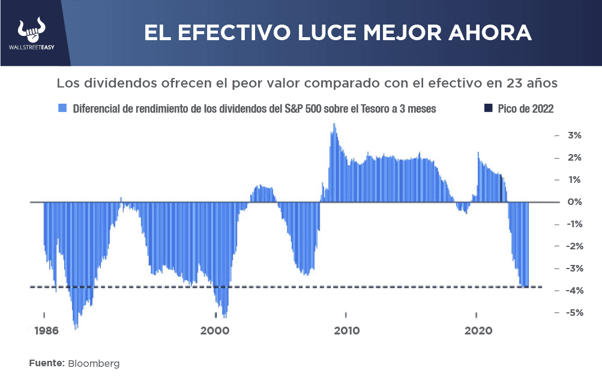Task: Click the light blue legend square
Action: tap(62, 108)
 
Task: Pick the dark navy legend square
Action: tap(487, 108)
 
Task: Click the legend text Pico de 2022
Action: tap(525, 108)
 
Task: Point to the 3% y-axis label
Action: tap(574, 135)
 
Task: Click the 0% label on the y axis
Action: tap(574, 202)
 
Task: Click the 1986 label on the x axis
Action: tap(46, 330)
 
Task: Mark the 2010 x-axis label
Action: tap(347, 330)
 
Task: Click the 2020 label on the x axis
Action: tap(478, 330)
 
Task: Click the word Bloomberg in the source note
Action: tap(94, 363)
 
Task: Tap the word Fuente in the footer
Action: tap(46, 363)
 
